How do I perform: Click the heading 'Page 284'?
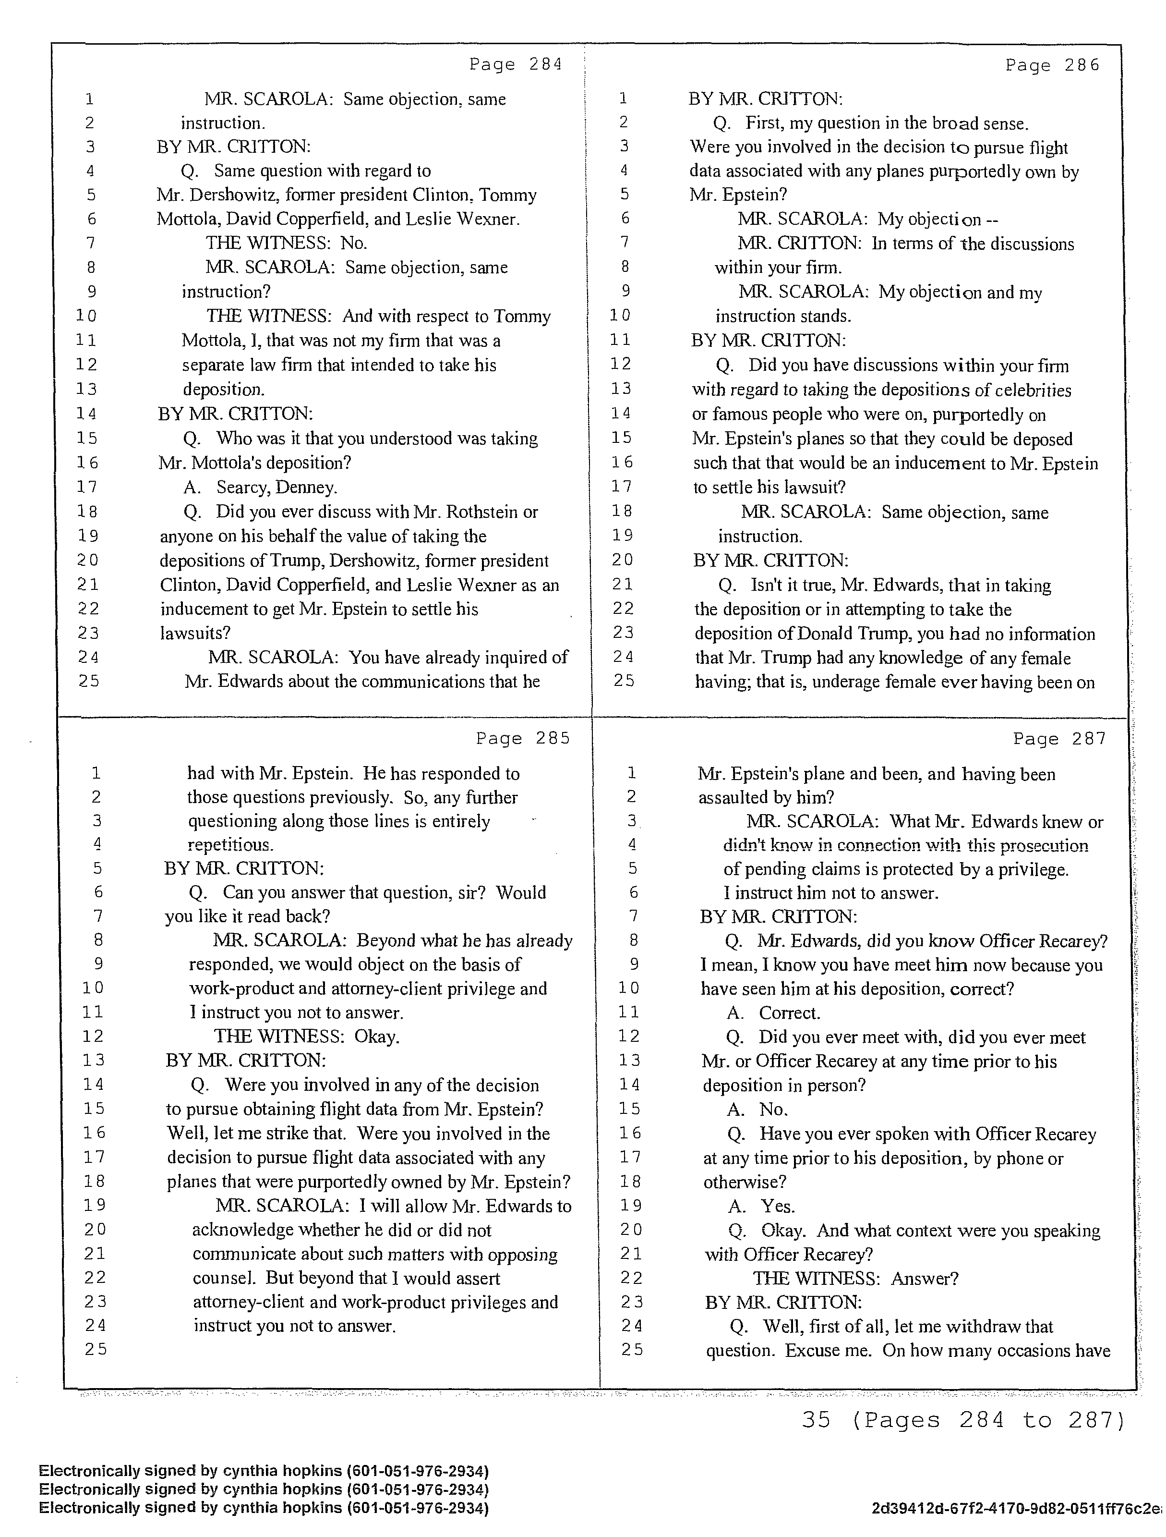(x=515, y=65)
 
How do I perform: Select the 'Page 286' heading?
(x=1052, y=65)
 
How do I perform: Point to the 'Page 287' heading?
(x=1059, y=739)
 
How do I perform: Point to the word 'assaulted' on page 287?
(x=733, y=798)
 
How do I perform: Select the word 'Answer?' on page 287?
(x=925, y=1279)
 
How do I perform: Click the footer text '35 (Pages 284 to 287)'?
(x=962, y=1420)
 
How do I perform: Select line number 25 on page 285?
(x=96, y=1349)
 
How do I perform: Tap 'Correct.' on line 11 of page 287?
(x=789, y=1013)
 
